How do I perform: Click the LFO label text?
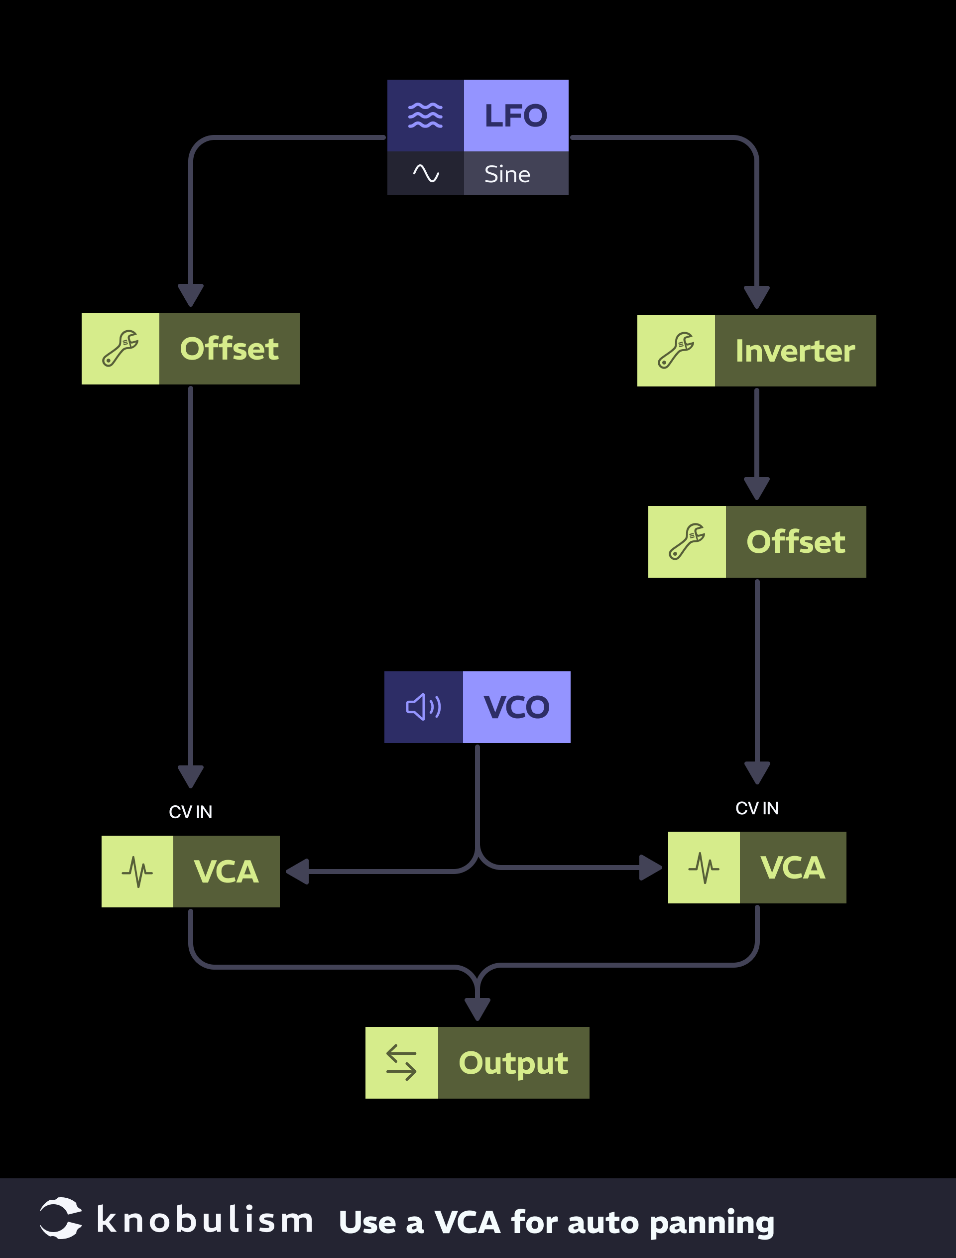515,116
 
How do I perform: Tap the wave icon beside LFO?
425,116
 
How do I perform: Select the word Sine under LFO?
507,174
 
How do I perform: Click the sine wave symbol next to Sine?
426,173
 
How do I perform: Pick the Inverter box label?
795,351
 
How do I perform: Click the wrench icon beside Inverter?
676,351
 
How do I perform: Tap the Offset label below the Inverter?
796,542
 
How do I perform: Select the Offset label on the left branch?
230,349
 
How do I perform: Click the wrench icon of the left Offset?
120,349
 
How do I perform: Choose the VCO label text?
516,707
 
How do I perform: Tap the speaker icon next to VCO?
423,707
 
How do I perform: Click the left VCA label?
226,872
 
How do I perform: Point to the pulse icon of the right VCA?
704,868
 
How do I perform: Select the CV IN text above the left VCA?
191,812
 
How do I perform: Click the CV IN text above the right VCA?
757,808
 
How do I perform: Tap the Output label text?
513,1063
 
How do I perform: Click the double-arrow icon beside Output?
401,1063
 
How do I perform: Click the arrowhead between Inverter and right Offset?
757,489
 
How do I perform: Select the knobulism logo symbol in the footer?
60,1218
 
